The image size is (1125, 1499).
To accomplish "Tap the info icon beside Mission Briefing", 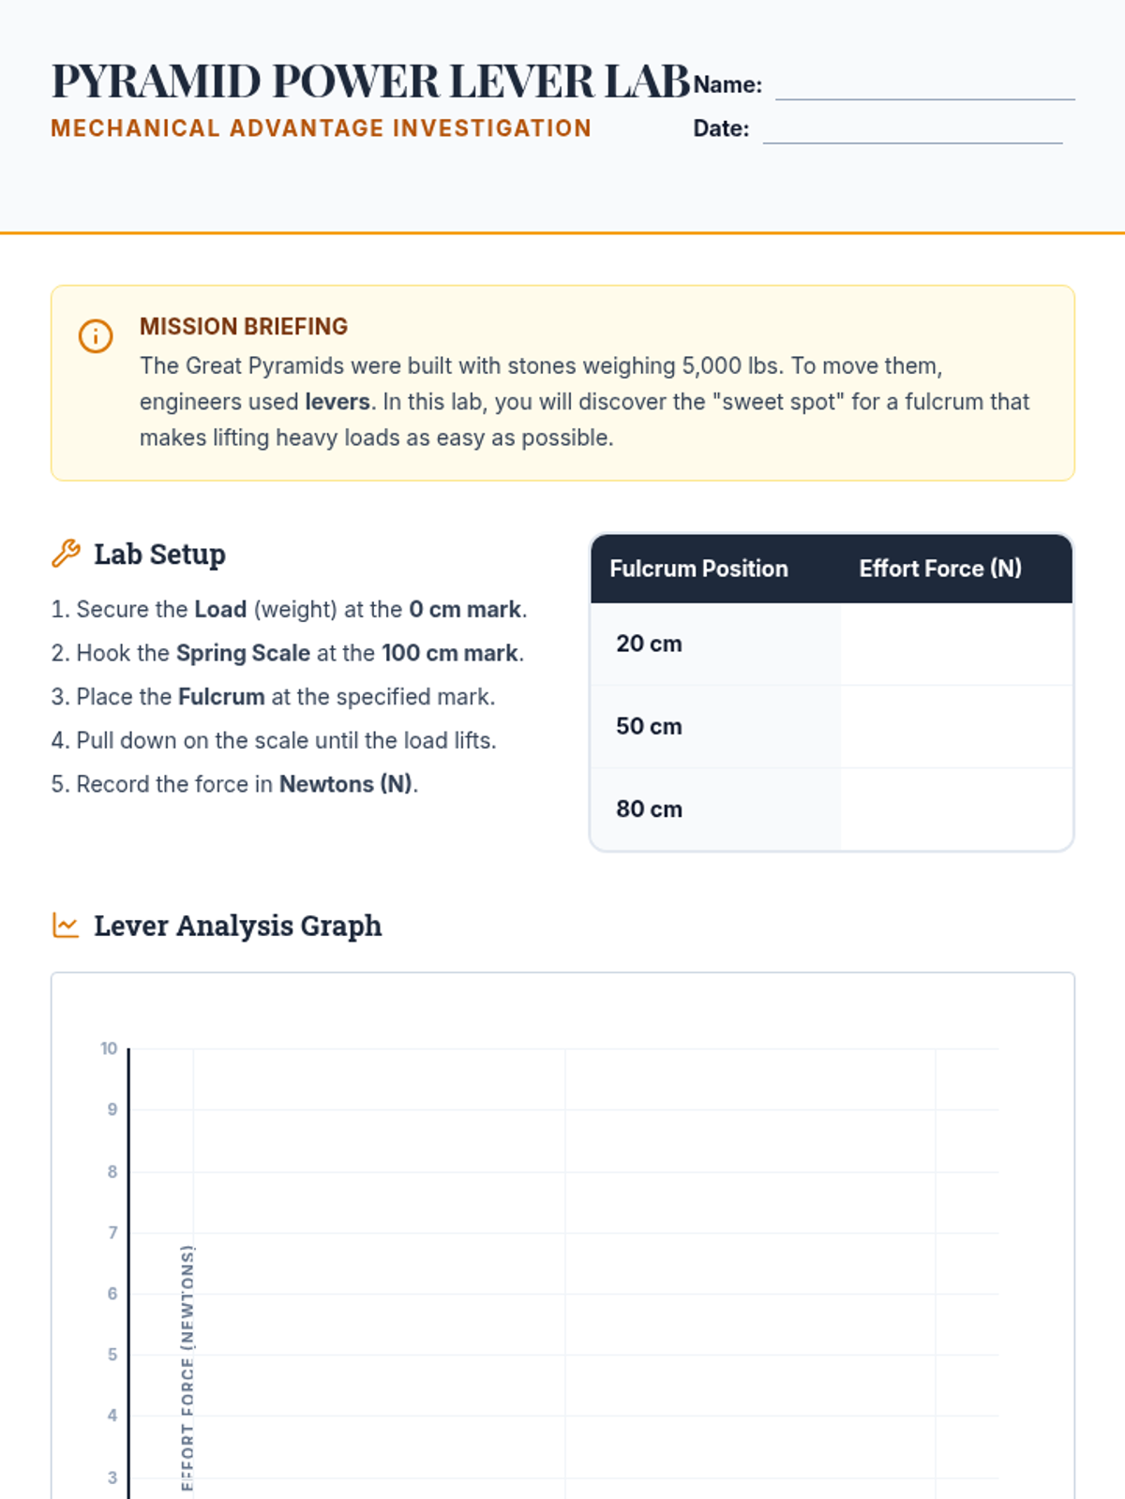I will (x=96, y=335).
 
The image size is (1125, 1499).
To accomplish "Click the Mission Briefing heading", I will (x=244, y=326).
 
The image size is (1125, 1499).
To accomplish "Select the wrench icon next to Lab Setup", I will (x=66, y=554).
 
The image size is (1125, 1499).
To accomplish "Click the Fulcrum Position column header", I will (x=698, y=569).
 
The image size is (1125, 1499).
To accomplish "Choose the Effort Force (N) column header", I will (x=940, y=569).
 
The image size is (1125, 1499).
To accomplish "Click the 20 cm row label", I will (x=649, y=644).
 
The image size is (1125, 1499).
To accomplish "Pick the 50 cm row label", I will (x=649, y=726).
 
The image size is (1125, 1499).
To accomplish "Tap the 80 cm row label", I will (x=649, y=809).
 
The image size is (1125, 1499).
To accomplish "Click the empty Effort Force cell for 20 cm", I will (x=955, y=644).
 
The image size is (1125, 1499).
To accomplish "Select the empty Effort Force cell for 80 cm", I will (x=955, y=809).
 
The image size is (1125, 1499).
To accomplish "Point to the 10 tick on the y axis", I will (x=109, y=1048).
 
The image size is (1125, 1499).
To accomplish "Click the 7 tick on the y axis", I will (x=112, y=1232).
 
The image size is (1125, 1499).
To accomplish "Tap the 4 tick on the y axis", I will (x=112, y=1416).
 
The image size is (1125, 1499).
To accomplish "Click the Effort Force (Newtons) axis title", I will (x=187, y=1368).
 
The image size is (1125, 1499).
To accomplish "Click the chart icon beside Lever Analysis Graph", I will (x=66, y=926).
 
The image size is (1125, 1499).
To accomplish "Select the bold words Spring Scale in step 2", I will (x=243, y=653).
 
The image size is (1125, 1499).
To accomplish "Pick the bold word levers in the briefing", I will (x=337, y=402).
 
